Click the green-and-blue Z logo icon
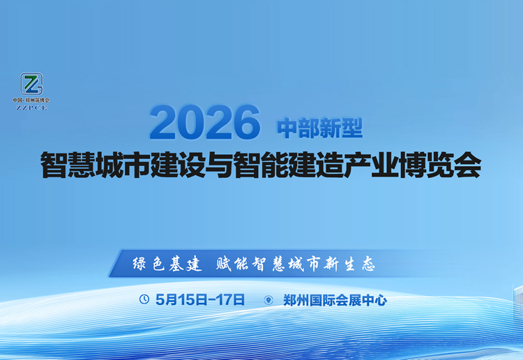[31, 84]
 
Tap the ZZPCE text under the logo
[31, 107]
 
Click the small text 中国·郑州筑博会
[31, 100]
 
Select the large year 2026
[204, 122]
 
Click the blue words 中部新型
[320, 128]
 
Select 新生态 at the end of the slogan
[351, 264]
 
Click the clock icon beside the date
[144, 300]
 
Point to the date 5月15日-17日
[201, 300]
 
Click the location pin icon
[268, 301]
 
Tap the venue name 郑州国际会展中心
[335, 301]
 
